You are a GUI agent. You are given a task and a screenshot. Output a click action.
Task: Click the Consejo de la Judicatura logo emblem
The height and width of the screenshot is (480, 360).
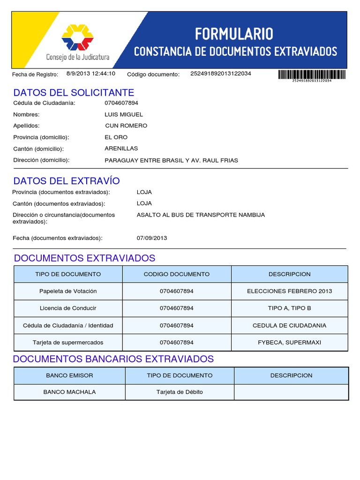(77, 37)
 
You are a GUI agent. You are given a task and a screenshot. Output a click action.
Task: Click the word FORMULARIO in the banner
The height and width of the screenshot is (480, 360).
(234, 34)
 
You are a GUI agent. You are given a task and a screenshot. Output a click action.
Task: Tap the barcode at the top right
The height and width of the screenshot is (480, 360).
(312, 75)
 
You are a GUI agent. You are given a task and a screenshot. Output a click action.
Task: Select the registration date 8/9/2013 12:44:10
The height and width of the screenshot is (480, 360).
(90, 74)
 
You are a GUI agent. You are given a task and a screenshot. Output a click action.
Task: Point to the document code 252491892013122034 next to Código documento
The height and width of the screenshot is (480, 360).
(220, 74)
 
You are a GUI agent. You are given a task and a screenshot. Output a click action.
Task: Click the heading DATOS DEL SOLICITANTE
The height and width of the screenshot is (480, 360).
(74, 92)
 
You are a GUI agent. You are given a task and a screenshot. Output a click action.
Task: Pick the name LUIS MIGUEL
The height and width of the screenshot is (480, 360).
(124, 114)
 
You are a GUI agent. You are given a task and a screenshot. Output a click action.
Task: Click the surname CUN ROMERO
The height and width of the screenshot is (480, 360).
(126, 126)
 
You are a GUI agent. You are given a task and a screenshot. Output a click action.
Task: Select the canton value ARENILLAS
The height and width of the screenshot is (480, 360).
(121, 149)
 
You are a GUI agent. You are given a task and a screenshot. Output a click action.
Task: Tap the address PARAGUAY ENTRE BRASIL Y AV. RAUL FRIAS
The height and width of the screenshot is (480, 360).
(171, 160)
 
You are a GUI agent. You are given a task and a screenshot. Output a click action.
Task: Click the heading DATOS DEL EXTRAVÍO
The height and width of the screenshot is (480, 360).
(67, 181)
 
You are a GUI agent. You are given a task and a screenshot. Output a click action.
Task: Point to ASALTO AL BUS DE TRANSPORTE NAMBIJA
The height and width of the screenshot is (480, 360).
(201, 215)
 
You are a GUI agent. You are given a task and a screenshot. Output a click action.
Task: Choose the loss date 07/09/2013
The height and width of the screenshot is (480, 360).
(151, 238)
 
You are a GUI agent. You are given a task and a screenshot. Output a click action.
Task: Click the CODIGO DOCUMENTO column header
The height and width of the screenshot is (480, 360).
(176, 274)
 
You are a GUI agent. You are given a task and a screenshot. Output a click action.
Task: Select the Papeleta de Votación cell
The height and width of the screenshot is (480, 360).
(68, 291)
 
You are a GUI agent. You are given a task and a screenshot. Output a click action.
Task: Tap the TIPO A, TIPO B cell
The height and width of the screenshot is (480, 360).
(289, 308)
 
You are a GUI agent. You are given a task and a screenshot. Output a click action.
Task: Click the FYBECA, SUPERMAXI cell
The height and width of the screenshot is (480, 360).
(289, 343)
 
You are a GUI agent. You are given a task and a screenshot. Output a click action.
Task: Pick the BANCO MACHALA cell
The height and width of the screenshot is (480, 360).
(69, 392)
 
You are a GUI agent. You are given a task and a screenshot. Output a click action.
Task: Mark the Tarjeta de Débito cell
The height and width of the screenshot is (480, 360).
(180, 392)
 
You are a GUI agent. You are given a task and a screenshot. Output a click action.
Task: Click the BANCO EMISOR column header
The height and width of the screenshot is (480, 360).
(69, 375)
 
